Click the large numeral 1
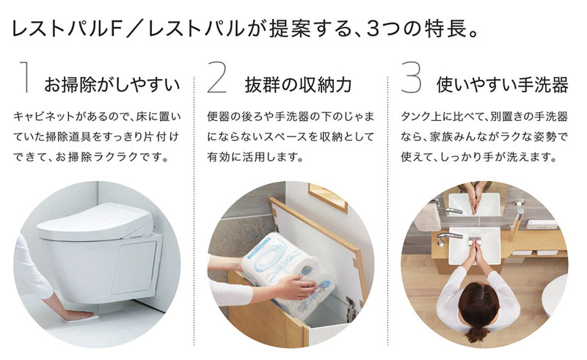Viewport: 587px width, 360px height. tap(27, 78)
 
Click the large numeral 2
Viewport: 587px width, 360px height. tap(218, 78)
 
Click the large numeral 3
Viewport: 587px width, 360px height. tap(412, 78)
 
